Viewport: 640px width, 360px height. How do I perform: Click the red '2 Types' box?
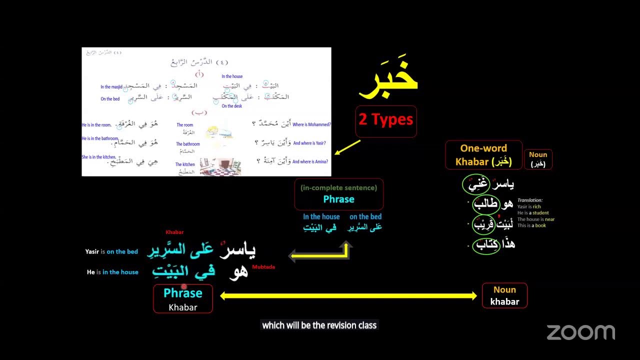[385, 120]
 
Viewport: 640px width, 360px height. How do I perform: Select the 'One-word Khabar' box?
[483, 155]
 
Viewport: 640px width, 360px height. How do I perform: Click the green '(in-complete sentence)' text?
[338, 188]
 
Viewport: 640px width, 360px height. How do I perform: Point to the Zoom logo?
[580, 332]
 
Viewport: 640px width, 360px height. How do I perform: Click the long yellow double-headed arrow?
[348, 296]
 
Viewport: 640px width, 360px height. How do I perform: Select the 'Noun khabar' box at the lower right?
[504, 295]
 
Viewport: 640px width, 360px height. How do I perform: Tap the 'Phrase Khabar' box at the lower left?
[183, 299]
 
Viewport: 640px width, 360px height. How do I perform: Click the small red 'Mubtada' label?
[263, 267]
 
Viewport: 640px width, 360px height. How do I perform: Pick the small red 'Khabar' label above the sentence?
[174, 232]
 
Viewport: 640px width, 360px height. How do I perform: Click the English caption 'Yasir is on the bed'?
[111, 251]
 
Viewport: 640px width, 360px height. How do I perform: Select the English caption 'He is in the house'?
[112, 272]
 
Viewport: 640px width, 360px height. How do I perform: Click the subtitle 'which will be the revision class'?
[319, 325]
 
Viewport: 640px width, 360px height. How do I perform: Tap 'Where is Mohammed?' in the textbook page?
[311, 124]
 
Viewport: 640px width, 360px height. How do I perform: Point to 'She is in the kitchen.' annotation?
[99, 157]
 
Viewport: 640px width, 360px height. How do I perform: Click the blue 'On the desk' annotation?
[231, 106]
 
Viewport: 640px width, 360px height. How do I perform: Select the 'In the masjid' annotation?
[111, 87]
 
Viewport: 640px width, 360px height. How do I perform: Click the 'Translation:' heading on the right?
[530, 200]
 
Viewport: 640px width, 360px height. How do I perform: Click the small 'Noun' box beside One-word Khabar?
[538, 159]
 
